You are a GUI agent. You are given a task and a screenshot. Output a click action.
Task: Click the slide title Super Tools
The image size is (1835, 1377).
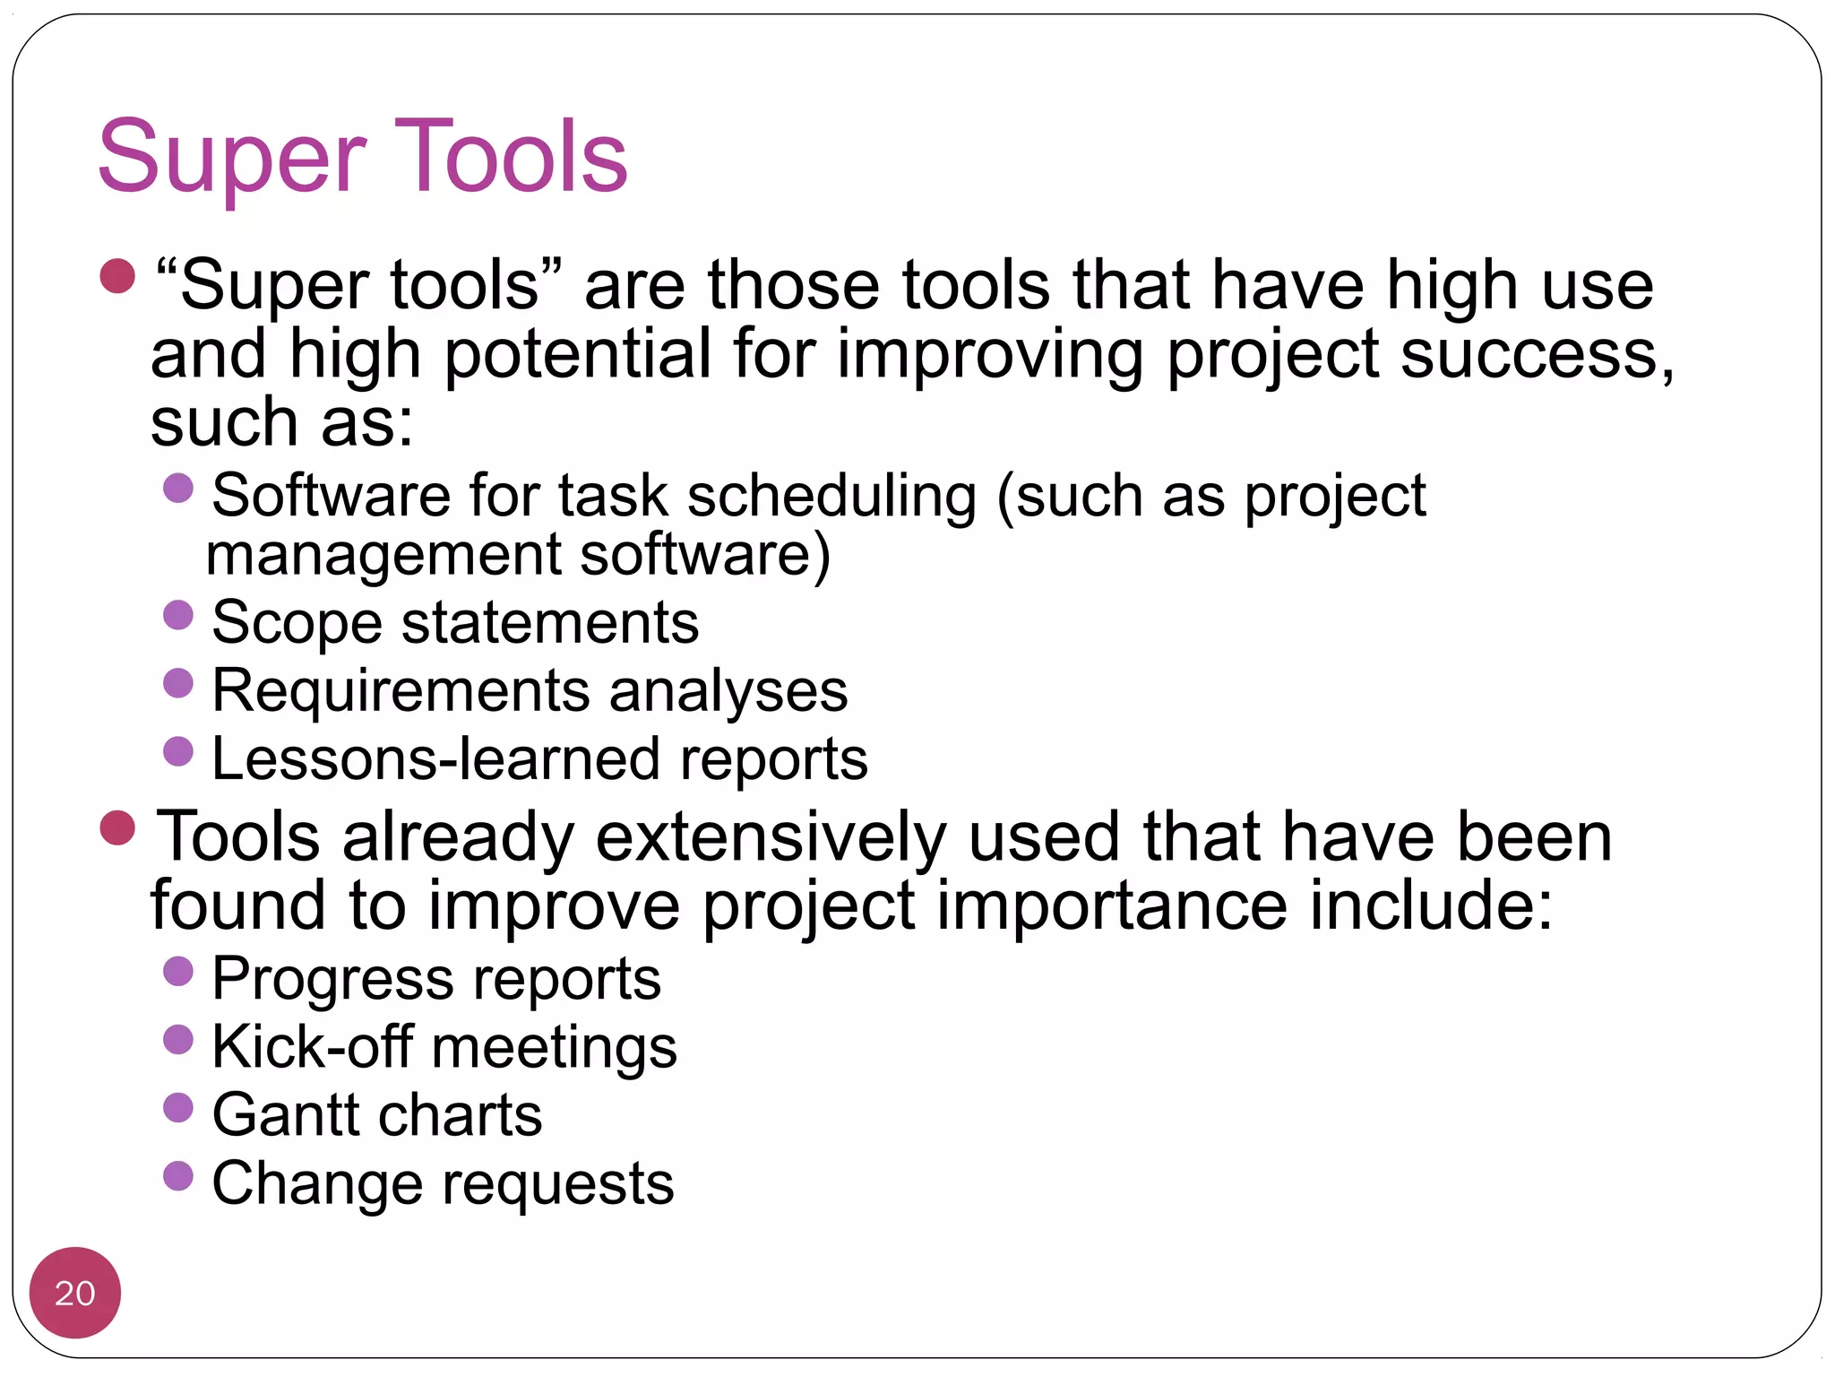[362, 159]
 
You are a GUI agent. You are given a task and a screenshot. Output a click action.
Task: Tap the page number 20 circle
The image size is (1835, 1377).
[74, 1293]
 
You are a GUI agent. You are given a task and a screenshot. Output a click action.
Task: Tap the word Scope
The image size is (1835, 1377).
[297, 623]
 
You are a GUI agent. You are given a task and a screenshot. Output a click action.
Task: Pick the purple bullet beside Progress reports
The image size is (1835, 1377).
[178, 971]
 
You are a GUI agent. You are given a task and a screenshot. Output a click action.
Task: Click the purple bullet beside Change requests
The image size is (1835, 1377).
[178, 1175]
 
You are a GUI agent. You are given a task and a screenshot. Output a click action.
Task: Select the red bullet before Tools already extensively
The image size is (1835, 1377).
[117, 827]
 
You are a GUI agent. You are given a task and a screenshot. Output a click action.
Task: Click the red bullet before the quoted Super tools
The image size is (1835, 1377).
[117, 276]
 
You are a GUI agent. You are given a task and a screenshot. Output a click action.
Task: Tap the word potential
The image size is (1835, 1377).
[577, 355]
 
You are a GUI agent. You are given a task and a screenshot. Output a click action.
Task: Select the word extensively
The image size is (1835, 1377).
[771, 836]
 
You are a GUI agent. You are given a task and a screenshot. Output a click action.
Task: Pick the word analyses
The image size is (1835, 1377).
[728, 691]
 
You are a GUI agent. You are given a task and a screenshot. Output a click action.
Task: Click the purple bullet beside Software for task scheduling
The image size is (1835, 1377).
[178, 488]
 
